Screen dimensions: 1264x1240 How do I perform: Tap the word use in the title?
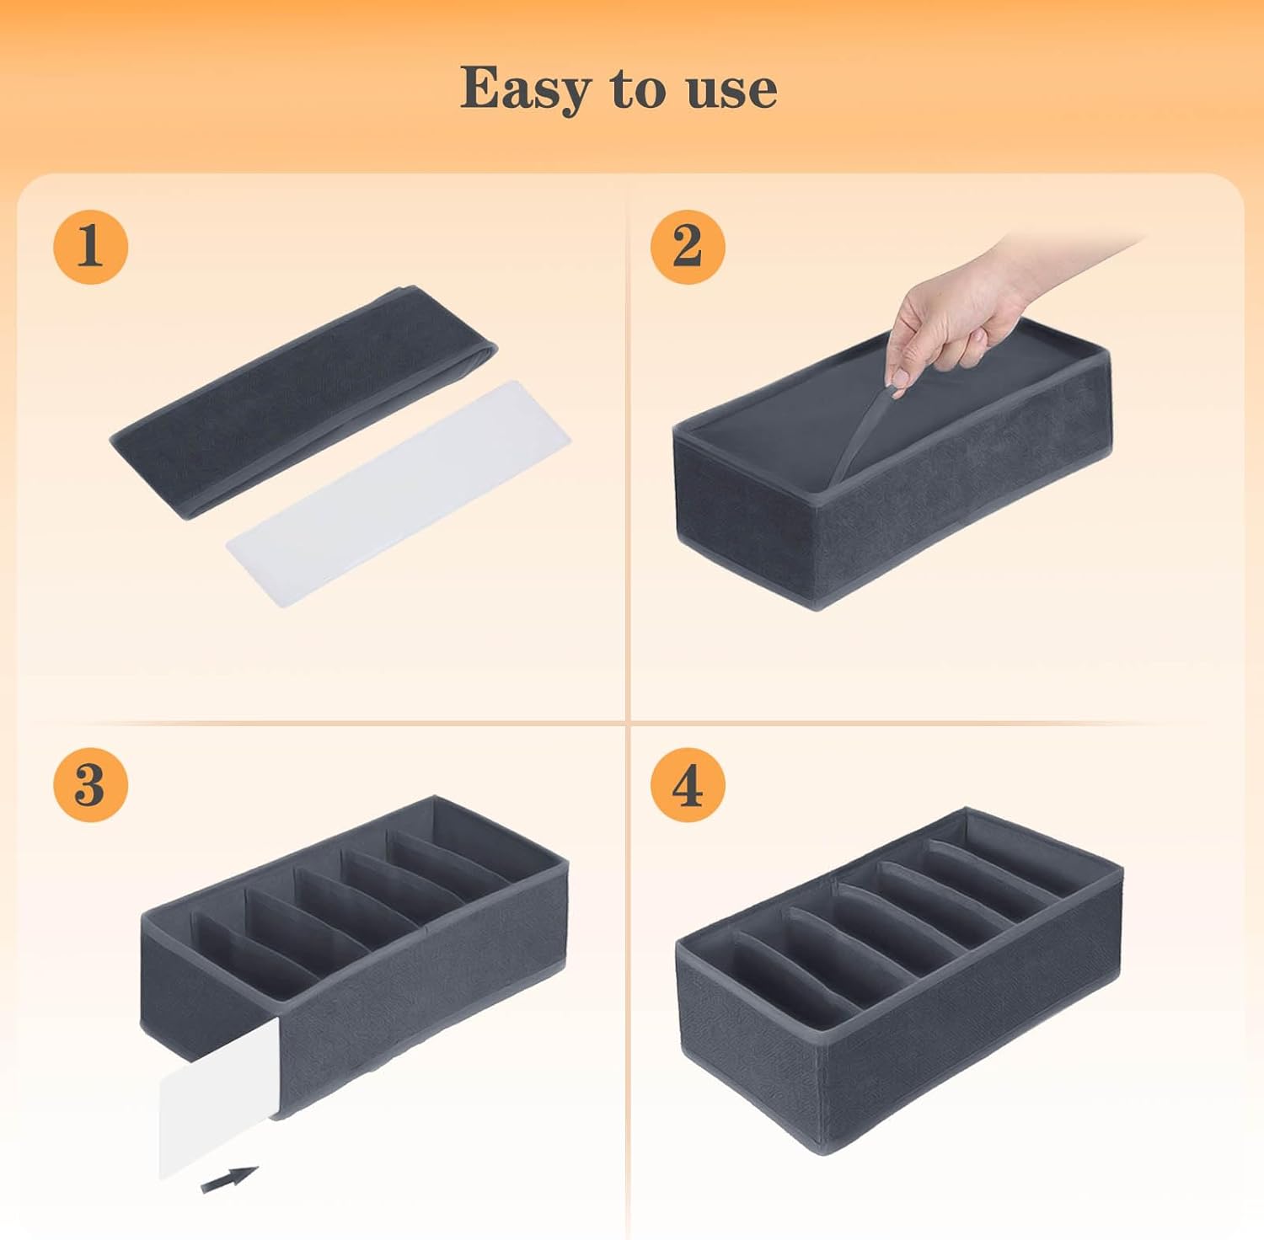pyautogui.click(x=731, y=91)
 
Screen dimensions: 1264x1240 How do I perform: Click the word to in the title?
pyautogui.click(x=639, y=88)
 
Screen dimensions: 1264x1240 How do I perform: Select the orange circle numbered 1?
pyautogui.click(x=90, y=247)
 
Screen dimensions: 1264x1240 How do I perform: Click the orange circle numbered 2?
pyautogui.click(x=688, y=247)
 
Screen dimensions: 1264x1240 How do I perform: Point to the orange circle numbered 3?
pyautogui.click(x=90, y=784)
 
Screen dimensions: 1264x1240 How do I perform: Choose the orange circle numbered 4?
pyautogui.click(x=688, y=784)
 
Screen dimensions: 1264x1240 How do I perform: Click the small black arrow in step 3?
pyautogui.click(x=229, y=1179)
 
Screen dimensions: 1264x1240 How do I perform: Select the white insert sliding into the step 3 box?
pyautogui.click(x=219, y=1095)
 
